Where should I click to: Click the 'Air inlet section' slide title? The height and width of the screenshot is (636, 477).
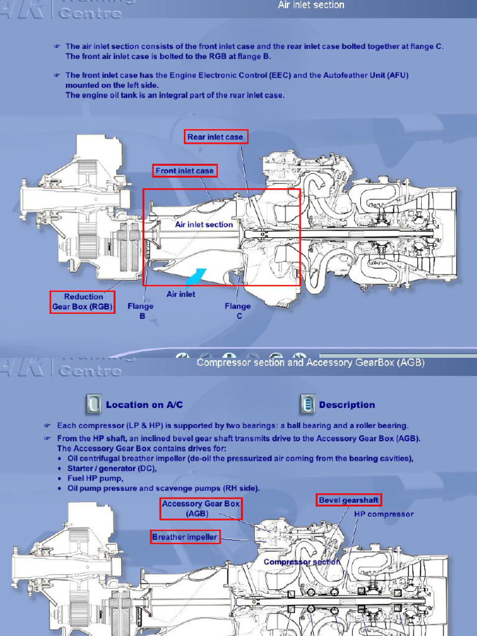pos(311,5)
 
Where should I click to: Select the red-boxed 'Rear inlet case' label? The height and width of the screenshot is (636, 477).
pos(216,137)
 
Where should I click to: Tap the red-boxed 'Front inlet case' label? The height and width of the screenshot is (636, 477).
pos(185,170)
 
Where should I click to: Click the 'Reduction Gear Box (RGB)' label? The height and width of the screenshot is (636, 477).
pos(83,301)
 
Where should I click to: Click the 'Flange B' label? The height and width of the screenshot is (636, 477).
pos(140,311)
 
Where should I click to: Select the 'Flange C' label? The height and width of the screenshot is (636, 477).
pos(238,311)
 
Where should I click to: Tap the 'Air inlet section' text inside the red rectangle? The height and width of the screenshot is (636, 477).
pos(204,224)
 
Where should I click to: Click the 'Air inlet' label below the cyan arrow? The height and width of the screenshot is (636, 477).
pos(181,294)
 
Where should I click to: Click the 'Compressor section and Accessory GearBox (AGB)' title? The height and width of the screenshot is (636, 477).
pos(311,363)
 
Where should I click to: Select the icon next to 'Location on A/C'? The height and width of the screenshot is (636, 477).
pos(93,404)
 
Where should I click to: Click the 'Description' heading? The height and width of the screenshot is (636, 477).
pos(347,405)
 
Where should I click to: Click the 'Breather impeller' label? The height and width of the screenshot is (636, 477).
pos(185,537)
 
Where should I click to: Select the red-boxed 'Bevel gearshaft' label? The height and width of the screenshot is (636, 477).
pos(348,500)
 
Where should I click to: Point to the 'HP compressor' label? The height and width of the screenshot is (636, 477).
pos(383,514)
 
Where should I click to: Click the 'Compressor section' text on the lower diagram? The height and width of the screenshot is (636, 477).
pos(302,561)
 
